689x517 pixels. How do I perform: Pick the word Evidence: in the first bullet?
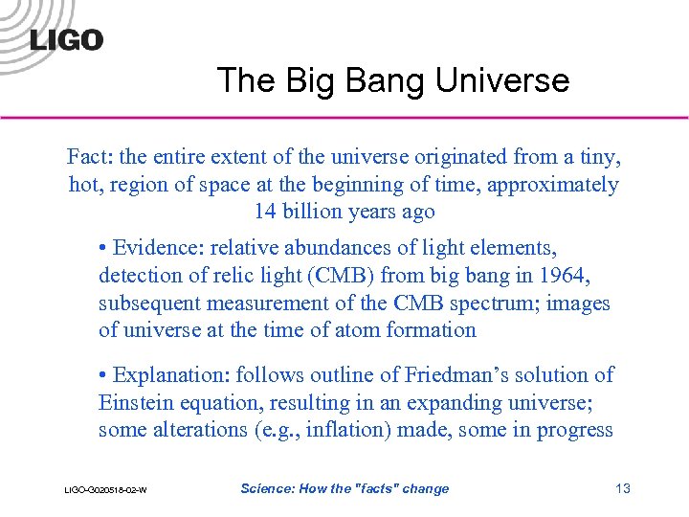[159, 249]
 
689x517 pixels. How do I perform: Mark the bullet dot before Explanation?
[103, 376]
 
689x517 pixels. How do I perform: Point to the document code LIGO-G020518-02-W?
[105, 490]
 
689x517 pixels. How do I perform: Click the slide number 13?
[622, 489]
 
